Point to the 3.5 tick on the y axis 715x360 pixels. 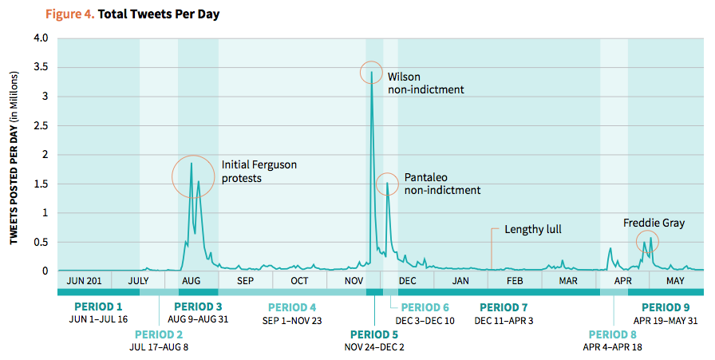[x=40, y=67]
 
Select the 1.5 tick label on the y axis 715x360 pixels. [x=40, y=184]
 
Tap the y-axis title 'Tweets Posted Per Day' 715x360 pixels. [x=14, y=154]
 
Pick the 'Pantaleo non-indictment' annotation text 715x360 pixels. [x=442, y=184]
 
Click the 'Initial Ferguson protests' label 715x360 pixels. [x=259, y=171]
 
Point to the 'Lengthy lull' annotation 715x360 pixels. [x=533, y=230]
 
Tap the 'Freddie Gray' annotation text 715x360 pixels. [x=654, y=223]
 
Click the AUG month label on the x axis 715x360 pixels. [x=192, y=281]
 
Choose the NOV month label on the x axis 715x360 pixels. [x=354, y=281]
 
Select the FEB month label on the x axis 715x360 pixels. [x=515, y=281]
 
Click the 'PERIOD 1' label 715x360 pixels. [x=98, y=307]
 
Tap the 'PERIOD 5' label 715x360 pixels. [x=375, y=334]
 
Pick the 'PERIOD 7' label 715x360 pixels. [x=504, y=307]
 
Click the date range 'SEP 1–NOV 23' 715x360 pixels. [x=292, y=320]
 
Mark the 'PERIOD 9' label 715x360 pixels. [x=666, y=307]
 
